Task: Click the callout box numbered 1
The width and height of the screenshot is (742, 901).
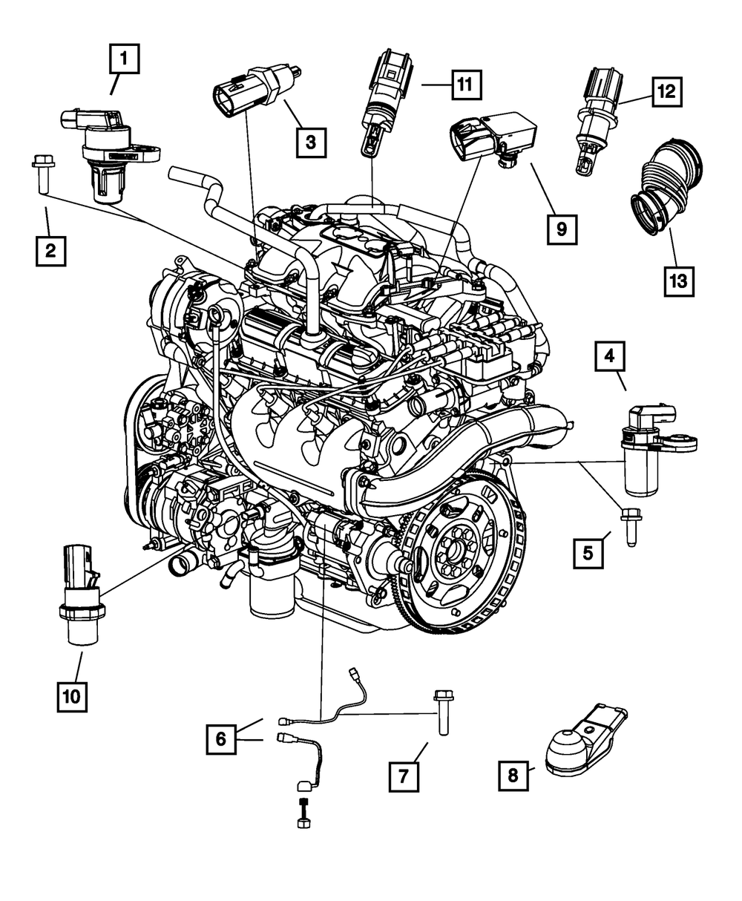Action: (125, 59)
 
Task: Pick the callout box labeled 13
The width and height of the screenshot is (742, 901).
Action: (679, 281)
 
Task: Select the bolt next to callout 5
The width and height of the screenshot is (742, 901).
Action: (628, 526)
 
